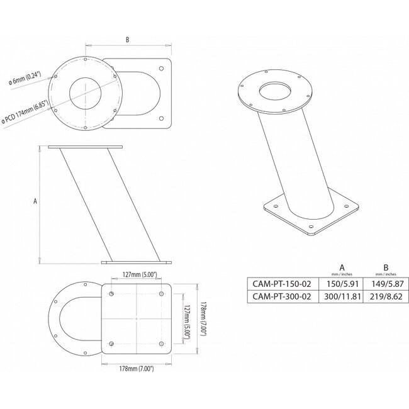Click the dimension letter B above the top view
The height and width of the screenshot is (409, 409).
(128, 40)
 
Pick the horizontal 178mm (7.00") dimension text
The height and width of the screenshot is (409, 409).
(137, 368)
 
